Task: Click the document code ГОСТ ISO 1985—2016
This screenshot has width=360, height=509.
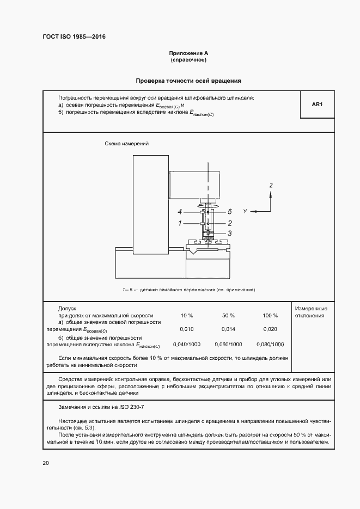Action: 74,37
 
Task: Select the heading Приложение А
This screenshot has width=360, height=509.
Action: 188,53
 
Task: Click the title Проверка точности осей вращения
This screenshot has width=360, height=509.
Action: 188,81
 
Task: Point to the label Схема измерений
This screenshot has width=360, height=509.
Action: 126,144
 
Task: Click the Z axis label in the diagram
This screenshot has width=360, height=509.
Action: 271,186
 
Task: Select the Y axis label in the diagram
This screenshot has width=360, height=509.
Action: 246,211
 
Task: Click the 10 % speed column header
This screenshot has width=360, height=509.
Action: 187,316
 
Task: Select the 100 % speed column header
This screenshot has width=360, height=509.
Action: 270,316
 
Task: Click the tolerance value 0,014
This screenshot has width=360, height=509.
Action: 228,329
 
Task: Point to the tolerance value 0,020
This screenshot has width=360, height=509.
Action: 270,329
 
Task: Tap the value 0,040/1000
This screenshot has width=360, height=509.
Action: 187,345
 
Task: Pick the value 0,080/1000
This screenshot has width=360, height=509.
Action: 270,345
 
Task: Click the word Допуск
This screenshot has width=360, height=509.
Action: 68,308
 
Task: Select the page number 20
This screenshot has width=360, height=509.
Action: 46,463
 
